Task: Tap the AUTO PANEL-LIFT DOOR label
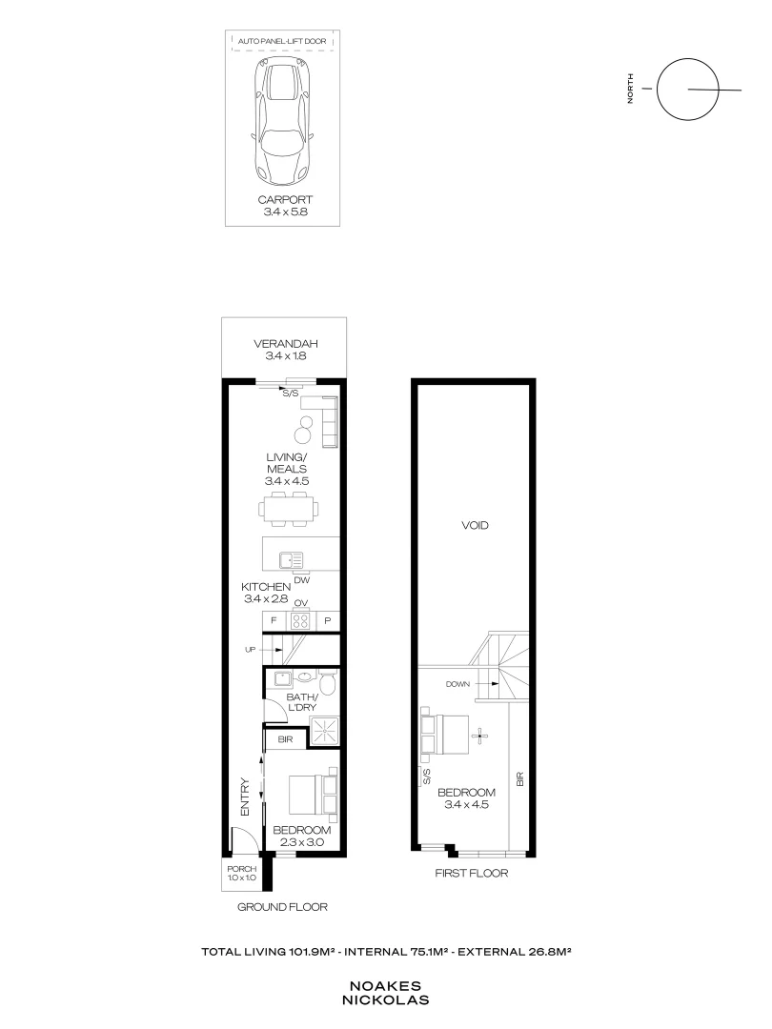[x=285, y=43]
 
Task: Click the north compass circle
[x=687, y=90]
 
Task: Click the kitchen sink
[x=290, y=560]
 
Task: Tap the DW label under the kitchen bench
[x=301, y=579]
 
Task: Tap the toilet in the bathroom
[x=327, y=683]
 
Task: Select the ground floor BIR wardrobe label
[x=284, y=738]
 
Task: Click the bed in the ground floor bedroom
[x=313, y=798]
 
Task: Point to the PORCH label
[x=242, y=874]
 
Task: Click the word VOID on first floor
[x=475, y=525]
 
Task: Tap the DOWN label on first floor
[x=459, y=683]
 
